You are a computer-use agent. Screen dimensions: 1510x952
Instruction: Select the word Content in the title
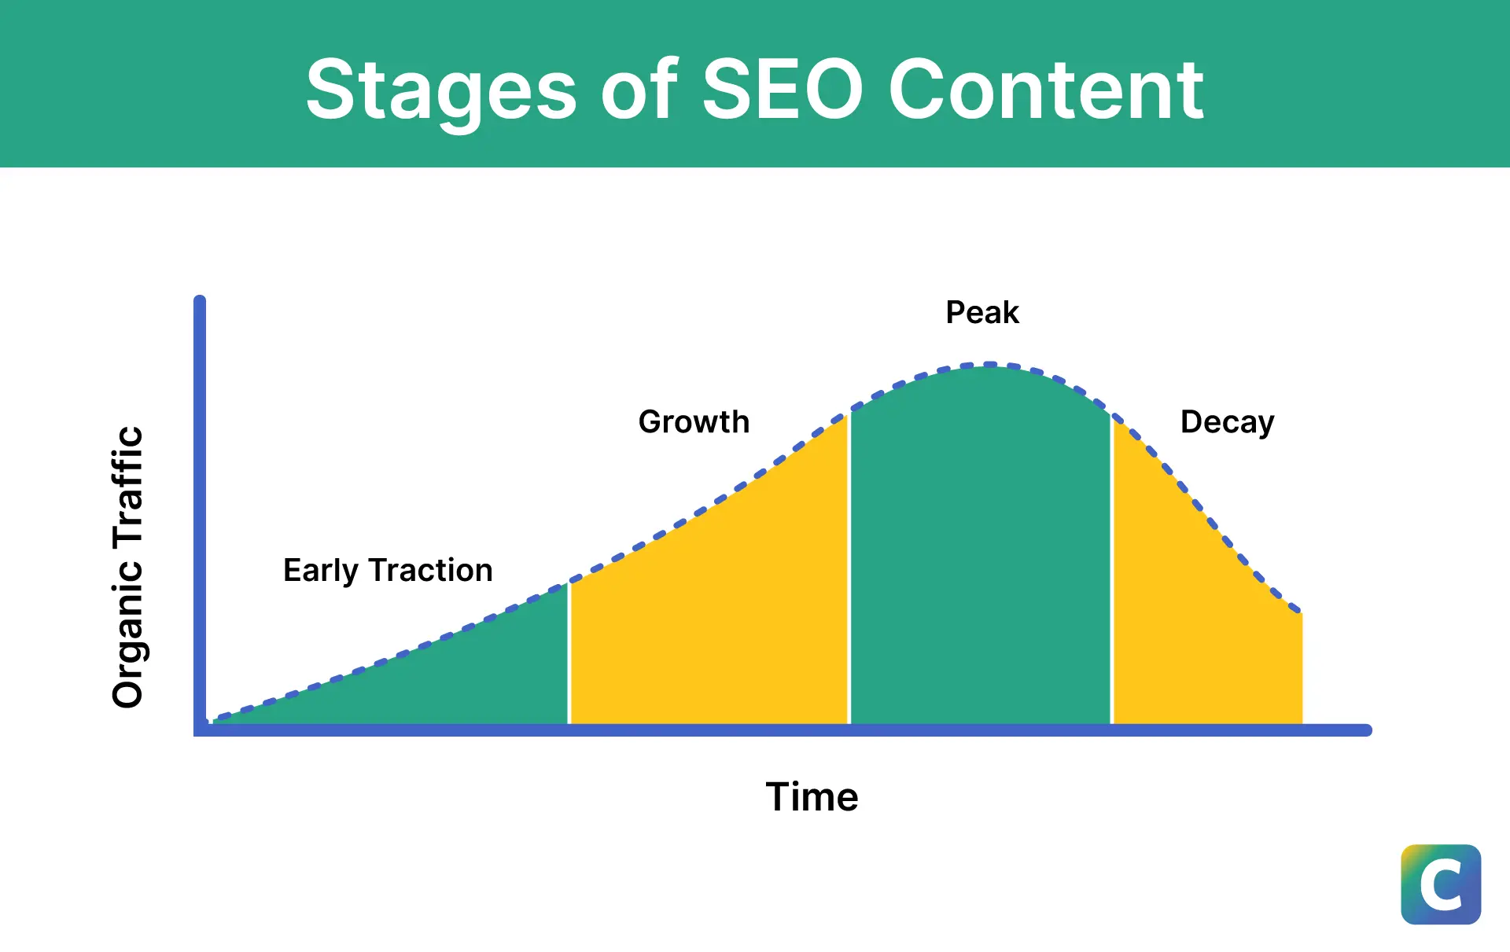(x=1046, y=90)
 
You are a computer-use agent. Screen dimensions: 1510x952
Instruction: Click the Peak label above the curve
(x=982, y=312)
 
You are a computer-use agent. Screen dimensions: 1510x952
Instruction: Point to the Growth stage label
(x=694, y=421)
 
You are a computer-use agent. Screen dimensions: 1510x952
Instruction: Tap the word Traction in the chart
(x=431, y=570)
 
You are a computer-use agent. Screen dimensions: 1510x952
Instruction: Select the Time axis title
(x=812, y=796)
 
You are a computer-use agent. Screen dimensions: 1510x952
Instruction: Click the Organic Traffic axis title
(x=127, y=567)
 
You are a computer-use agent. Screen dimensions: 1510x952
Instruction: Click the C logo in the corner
(x=1441, y=884)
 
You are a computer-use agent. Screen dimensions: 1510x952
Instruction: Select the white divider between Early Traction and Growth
(x=569, y=653)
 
